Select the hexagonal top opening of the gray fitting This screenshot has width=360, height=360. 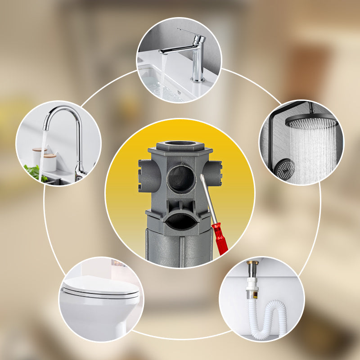pyautogui.click(x=179, y=145)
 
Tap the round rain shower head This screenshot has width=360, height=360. pyautogui.click(x=311, y=121)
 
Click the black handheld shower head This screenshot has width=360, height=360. pyautogui.click(x=285, y=169)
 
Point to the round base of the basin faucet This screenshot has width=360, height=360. pyautogui.click(x=197, y=80)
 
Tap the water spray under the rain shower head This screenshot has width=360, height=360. pyautogui.click(x=312, y=148)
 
